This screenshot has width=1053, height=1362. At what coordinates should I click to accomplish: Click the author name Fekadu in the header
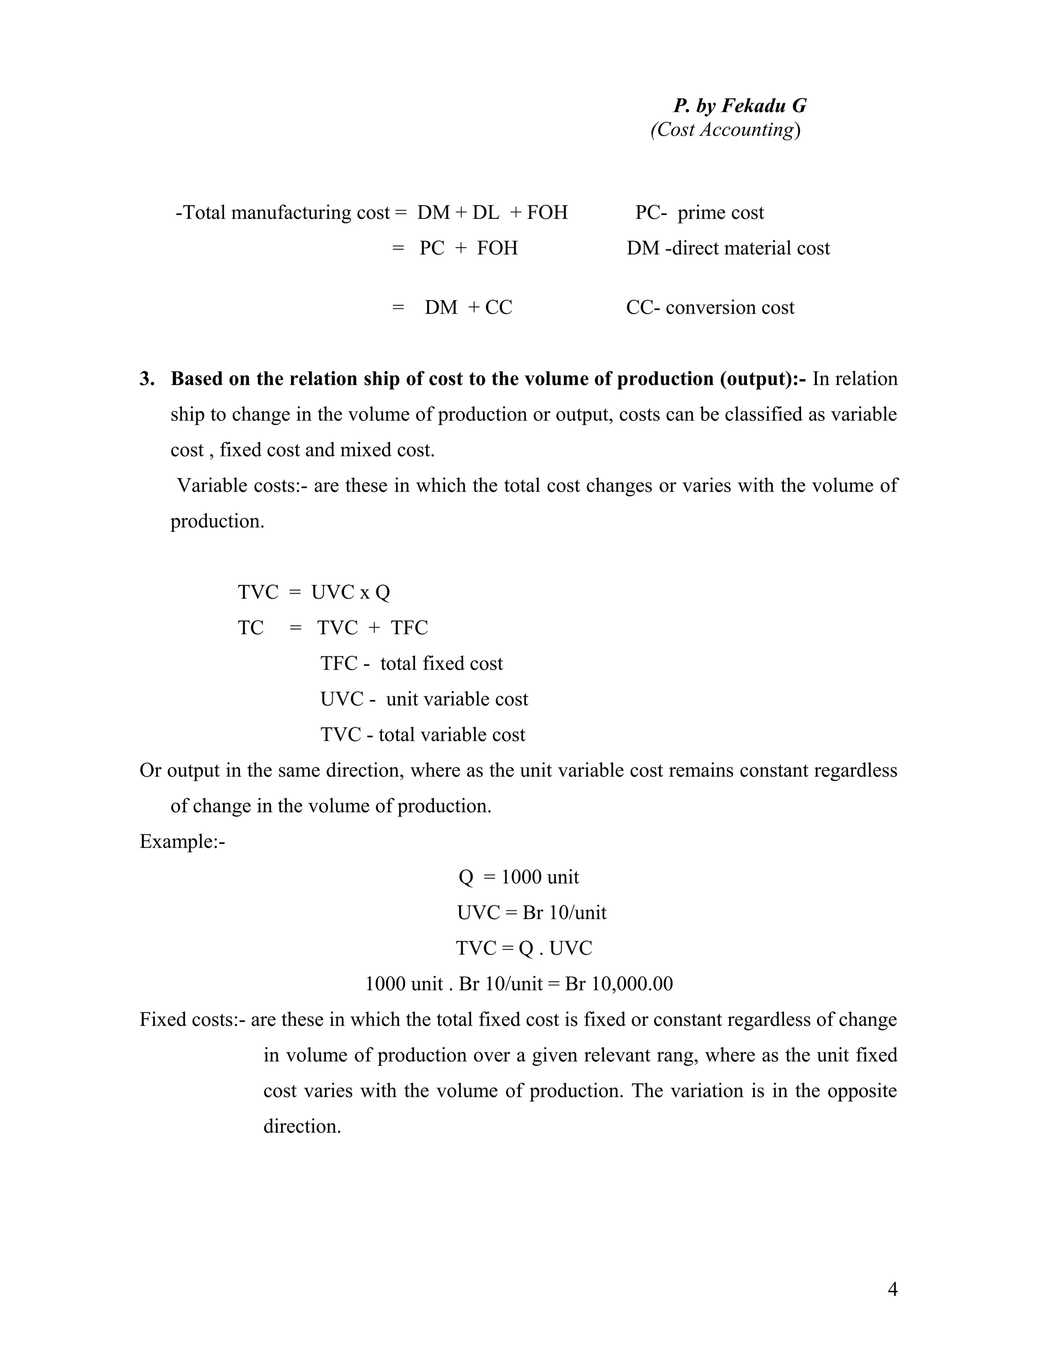click(754, 106)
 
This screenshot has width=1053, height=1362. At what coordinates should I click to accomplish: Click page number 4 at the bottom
click(892, 1289)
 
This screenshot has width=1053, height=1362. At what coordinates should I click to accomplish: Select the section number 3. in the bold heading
click(147, 379)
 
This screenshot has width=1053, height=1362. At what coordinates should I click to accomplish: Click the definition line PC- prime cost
click(699, 213)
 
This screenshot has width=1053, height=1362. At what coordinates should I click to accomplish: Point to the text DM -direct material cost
click(728, 248)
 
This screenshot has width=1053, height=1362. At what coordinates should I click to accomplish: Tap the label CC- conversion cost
click(710, 307)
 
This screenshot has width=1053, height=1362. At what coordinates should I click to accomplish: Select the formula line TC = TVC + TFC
click(333, 628)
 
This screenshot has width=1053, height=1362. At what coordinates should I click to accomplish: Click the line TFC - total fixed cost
click(411, 664)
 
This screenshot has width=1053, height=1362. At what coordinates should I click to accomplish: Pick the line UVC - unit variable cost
click(424, 699)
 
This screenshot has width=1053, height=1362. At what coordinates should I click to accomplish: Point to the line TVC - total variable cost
click(422, 734)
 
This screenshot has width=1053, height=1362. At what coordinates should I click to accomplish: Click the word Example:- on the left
click(182, 842)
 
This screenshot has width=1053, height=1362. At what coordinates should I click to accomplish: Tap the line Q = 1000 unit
click(518, 877)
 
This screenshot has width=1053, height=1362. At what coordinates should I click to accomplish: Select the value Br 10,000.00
click(618, 984)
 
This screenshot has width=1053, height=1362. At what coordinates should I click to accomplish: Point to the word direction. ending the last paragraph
click(302, 1126)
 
